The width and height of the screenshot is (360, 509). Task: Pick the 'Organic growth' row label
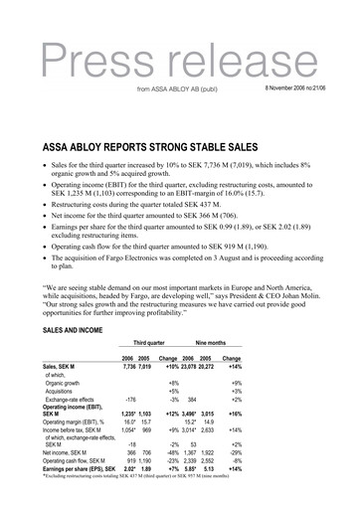tap(64, 383)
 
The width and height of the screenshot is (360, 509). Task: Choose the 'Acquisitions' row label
tap(63, 392)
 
